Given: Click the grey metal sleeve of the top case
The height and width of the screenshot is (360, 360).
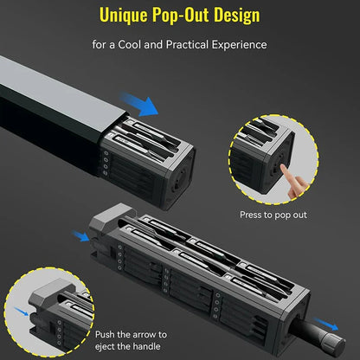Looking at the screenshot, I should (x=52, y=95).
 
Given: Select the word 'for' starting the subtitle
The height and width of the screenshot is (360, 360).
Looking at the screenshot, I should (x=100, y=43).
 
